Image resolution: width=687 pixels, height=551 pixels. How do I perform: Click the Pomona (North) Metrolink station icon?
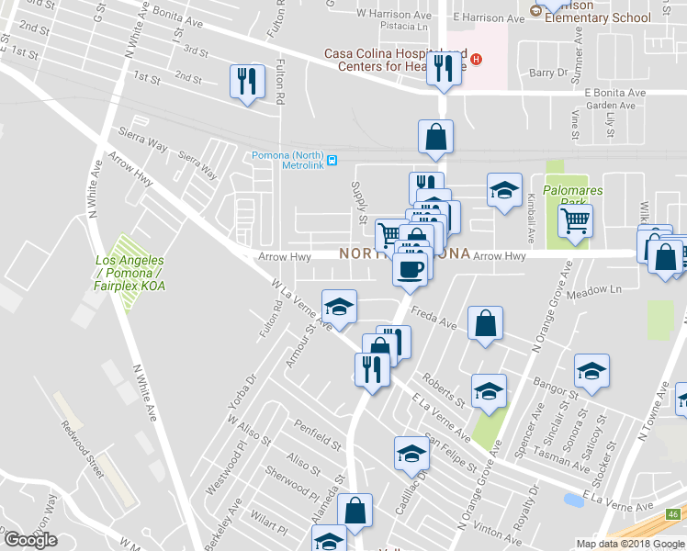point(332,160)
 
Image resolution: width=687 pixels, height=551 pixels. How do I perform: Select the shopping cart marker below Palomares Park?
point(575,219)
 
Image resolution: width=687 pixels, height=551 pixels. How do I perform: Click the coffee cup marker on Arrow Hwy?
point(410,268)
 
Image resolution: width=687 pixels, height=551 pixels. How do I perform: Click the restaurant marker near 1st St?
point(246,82)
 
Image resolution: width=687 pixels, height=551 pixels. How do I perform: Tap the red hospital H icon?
point(477,61)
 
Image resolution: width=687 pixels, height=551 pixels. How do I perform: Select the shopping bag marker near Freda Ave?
point(485,323)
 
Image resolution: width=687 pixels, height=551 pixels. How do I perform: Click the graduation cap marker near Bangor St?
point(591,372)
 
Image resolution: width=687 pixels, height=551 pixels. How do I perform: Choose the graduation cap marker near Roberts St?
point(489,391)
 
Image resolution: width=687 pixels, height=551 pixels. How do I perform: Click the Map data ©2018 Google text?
point(629,544)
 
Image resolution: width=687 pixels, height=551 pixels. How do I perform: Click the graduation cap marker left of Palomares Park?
point(503,190)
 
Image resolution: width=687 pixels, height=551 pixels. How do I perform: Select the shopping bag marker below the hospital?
point(435,137)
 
